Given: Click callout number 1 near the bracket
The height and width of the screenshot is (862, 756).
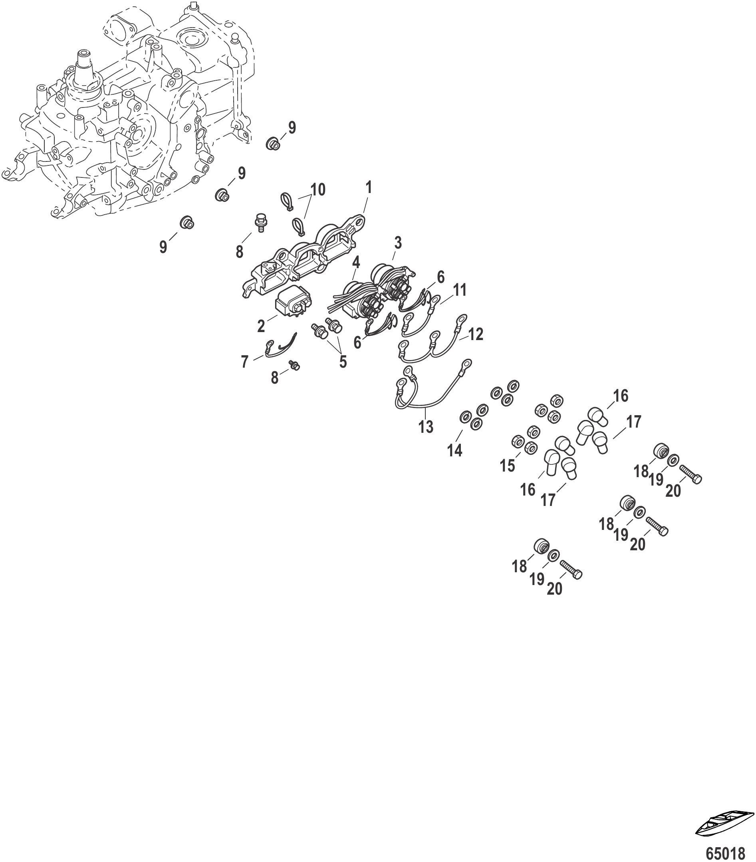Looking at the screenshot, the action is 369,188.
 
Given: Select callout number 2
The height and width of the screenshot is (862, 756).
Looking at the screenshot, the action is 261,326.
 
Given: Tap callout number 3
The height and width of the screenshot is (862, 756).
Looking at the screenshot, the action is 397,243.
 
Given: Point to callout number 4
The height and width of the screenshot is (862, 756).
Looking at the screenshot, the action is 356,262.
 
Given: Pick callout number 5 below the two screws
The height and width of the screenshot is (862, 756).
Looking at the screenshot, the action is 343,361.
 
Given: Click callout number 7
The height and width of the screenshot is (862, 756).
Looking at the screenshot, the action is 245,362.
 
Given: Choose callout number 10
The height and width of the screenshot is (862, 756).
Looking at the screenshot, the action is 318,190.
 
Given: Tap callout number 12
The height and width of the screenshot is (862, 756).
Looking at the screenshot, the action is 475,334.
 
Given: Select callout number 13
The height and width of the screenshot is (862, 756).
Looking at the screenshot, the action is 426,427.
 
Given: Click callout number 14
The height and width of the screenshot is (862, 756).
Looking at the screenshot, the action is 455,450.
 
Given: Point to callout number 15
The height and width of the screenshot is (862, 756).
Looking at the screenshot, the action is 507,466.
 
